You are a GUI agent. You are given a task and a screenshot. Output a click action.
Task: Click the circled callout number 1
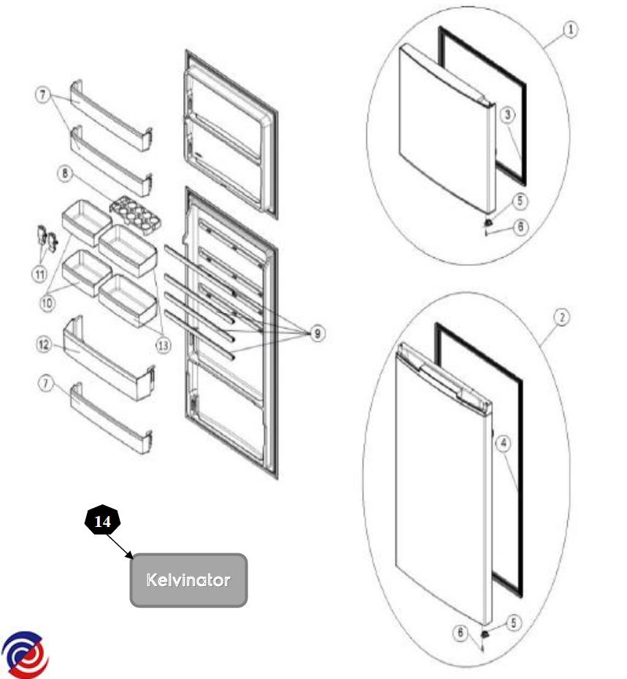click(x=570, y=29)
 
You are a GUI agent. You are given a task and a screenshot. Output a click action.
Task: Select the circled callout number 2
click(x=561, y=318)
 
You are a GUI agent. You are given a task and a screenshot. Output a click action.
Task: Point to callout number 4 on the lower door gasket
click(x=504, y=442)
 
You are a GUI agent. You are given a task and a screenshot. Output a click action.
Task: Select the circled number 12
click(x=45, y=344)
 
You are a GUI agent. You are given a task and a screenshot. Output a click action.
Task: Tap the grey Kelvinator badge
click(x=188, y=580)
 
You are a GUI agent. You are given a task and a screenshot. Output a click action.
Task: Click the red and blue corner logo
click(x=26, y=652)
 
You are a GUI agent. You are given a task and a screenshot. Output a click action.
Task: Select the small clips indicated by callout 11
click(x=45, y=240)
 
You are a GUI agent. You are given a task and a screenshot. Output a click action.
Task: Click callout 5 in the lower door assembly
click(x=514, y=623)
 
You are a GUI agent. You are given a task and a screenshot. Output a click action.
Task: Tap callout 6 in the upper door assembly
click(x=520, y=227)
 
